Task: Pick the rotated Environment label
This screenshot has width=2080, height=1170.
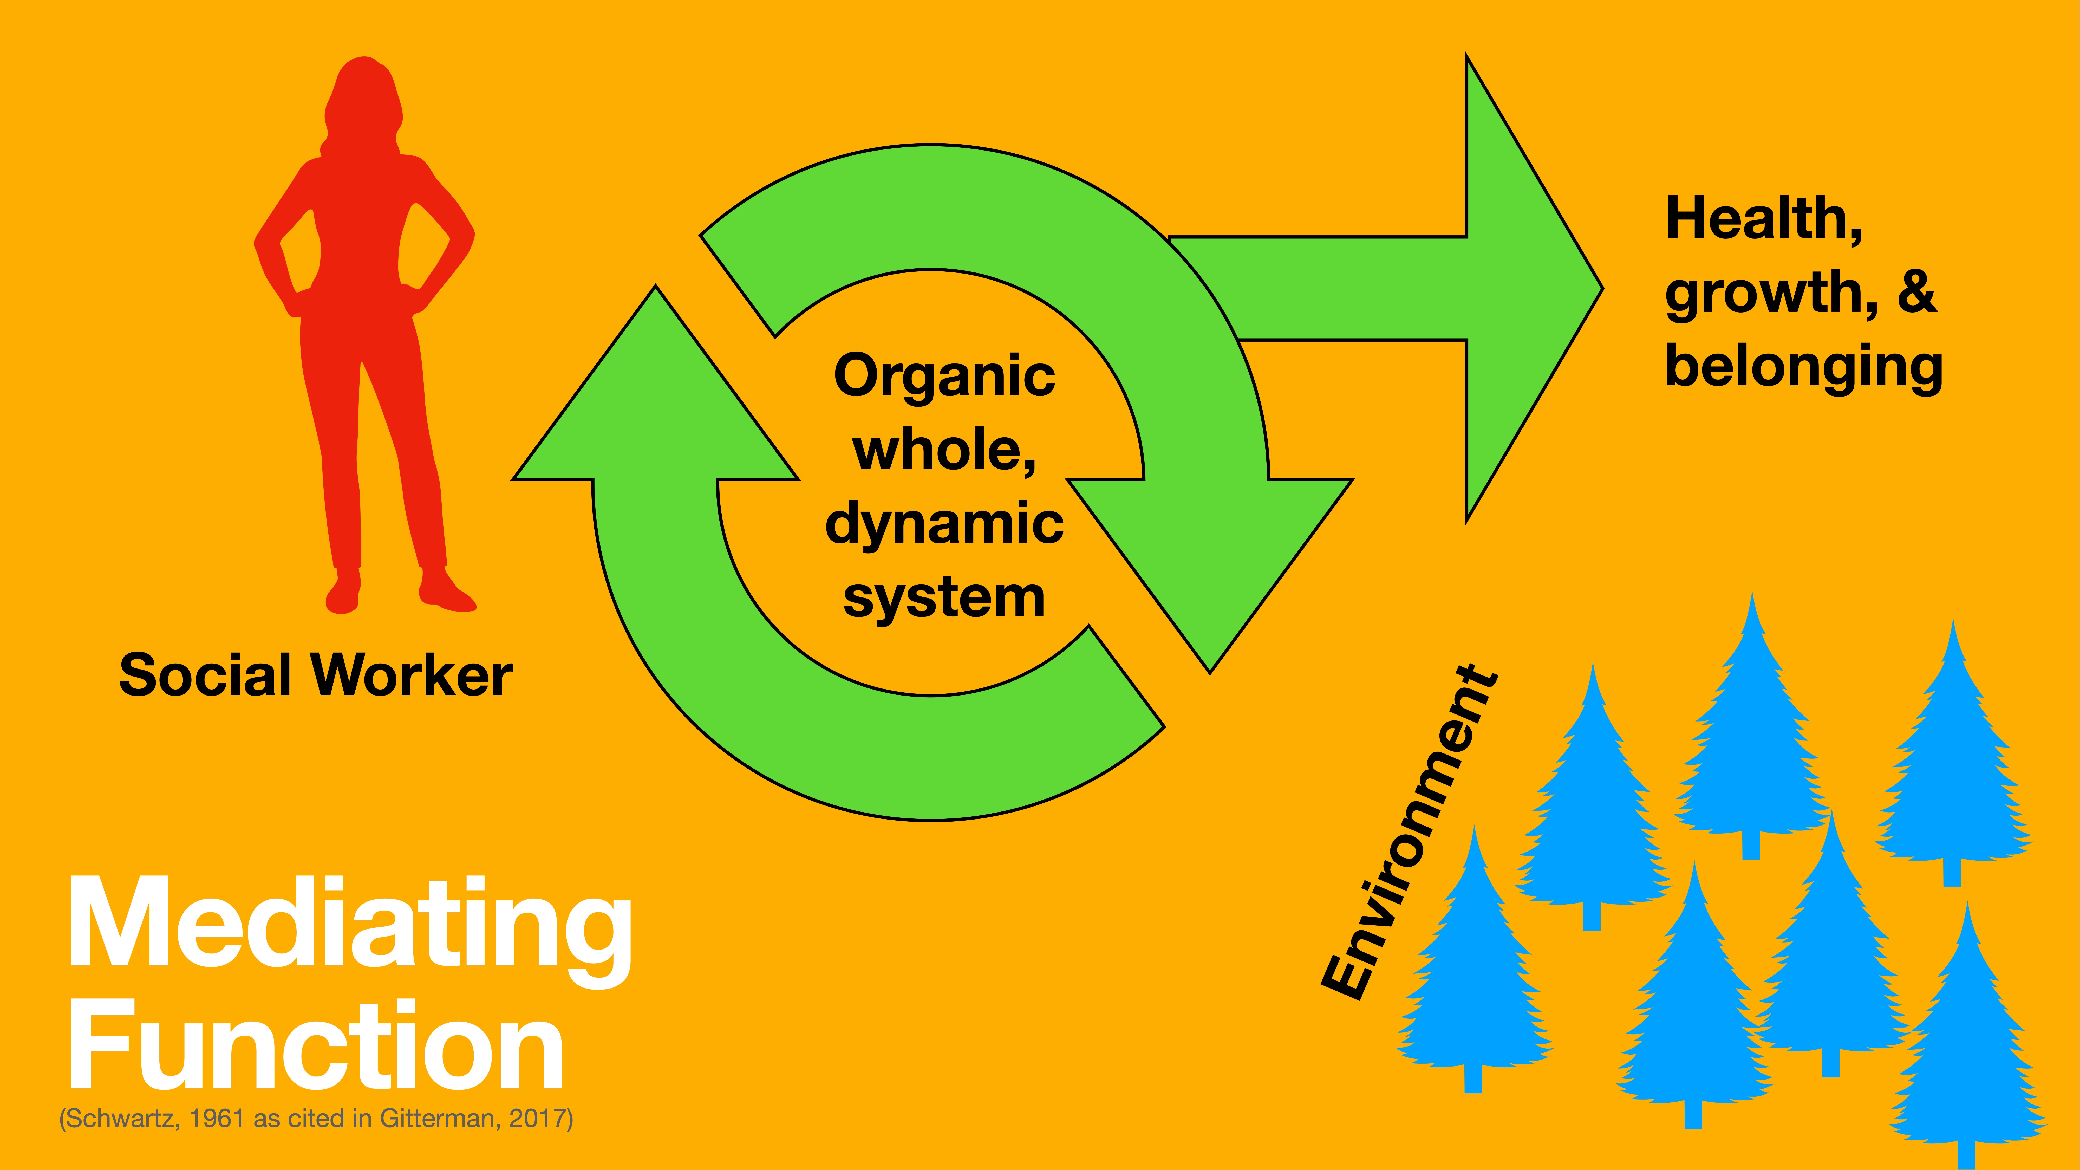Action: pyautogui.click(x=1409, y=832)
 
